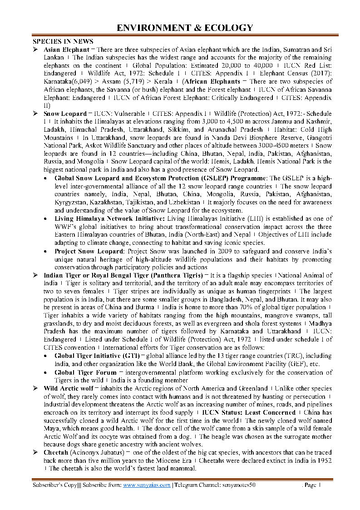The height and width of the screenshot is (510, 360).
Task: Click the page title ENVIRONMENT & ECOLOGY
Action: pyautogui.click(x=185, y=28)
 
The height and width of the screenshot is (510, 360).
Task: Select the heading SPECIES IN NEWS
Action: pyautogui.click(x=63, y=42)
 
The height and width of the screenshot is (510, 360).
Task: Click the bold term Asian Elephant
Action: pyautogui.click(x=66, y=50)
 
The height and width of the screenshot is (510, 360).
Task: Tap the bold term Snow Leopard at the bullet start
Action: pyautogui.click(x=65, y=114)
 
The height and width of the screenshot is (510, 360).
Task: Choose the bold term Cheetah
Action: pyautogui.click(x=56, y=453)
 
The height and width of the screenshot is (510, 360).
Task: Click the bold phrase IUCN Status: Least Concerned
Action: pyautogui.click(x=249, y=412)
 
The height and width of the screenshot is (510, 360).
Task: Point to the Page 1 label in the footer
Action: pyautogui.click(x=312, y=485)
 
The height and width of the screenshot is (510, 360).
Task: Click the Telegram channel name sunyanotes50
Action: pyautogui.click(x=239, y=485)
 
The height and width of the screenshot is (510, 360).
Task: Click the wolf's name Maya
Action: pyautogui.click(x=51, y=429)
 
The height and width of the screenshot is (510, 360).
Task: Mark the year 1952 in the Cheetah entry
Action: pyautogui.click(x=324, y=460)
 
